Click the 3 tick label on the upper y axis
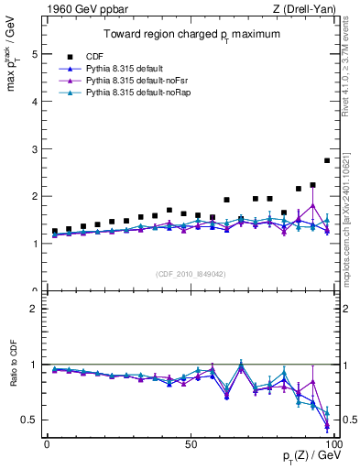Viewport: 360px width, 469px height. [x=34, y=149]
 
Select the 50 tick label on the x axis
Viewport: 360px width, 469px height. [x=190, y=442]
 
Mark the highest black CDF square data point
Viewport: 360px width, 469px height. [x=327, y=160]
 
